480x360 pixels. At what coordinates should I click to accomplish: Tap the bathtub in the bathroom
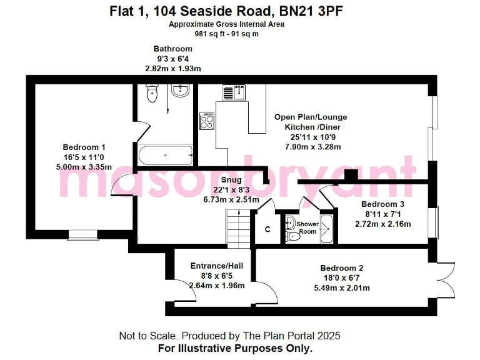pyautogui.click(x=165, y=154)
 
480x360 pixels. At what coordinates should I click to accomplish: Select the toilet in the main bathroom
pyautogui.click(x=151, y=94)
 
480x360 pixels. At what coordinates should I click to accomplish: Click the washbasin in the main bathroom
pyautogui.click(x=180, y=92)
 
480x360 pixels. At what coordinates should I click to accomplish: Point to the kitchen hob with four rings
pyautogui.click(x=207, y=120)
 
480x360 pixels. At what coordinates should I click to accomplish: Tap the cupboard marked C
pyautogui.click(x=267, y=229)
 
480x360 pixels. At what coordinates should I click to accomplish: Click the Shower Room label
pyautogui.click(x=307, y=227)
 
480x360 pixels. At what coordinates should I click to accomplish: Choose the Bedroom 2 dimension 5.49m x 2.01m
pyautogui.click(x=341, y=288)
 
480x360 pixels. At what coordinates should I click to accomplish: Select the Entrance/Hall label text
pyautogui.click(x=217, y=266)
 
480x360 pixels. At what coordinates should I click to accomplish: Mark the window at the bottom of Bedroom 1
pyautogui.click(x=83, y=235)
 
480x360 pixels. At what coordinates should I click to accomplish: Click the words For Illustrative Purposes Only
pyautogui.click(x=235, y=348)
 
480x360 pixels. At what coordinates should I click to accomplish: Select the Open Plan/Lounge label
pyautogui.click(x=311, y=117)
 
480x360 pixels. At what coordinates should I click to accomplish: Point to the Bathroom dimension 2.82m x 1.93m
pyautogui.click(x=173, y=68)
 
